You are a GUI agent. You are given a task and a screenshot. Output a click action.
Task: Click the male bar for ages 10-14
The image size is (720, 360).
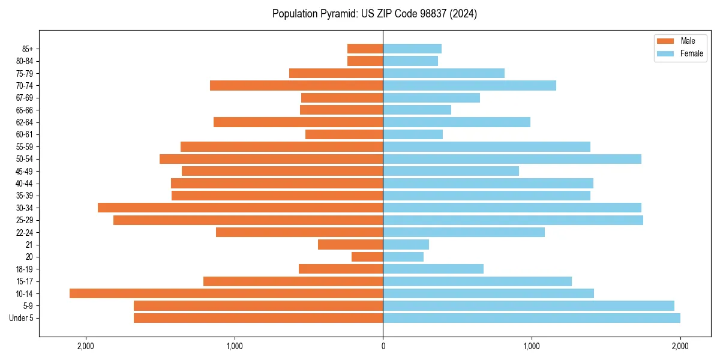point(226,293)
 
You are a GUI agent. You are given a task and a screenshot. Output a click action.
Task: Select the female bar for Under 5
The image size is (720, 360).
point(532,318)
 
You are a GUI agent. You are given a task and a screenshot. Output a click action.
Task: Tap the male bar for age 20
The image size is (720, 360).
point(367,257)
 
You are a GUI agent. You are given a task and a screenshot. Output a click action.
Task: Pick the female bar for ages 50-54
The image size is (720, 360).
point(512,159)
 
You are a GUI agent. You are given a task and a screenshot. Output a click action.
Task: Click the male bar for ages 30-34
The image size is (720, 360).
point(240,208)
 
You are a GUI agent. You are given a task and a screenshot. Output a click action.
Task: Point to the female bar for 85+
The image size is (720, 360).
point(412,49)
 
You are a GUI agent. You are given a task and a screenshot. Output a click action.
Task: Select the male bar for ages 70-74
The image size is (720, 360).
point(296,85)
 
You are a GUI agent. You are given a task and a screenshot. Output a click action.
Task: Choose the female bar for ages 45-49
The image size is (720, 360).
point(451,171)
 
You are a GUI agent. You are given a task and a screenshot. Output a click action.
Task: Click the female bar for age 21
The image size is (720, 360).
point(406,244)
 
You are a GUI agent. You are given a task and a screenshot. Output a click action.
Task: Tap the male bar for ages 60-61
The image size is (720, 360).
point(344,134)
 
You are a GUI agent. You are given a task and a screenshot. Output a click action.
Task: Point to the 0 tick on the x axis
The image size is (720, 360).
point(383,346)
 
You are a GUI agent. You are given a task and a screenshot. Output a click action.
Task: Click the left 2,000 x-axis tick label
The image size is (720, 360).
point(86,346)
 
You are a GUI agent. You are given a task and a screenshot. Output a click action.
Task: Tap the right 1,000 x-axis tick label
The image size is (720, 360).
point(532,346)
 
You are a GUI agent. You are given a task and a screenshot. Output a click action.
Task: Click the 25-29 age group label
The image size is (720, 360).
point(25,220)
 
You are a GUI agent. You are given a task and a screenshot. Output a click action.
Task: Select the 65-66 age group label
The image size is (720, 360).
point(25,110)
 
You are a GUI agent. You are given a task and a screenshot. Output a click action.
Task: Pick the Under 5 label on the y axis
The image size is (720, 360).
point(21,318)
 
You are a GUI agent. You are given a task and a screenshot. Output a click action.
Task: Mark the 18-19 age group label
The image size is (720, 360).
point(25,269)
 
